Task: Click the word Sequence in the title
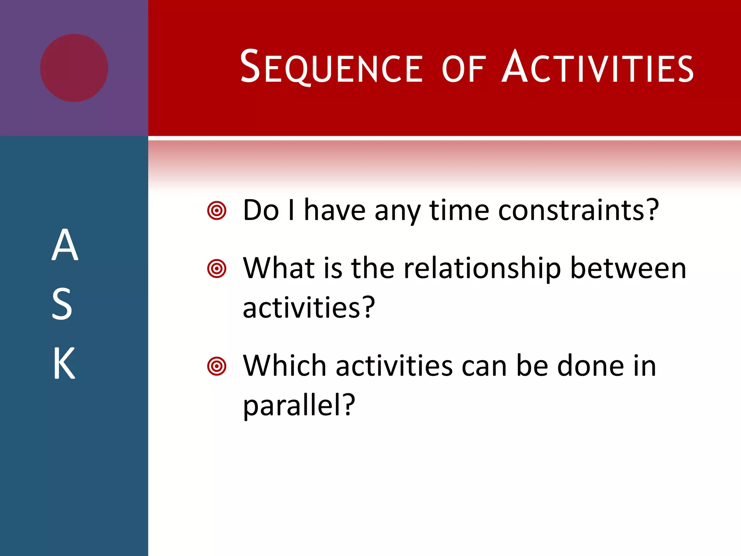pos(331,68)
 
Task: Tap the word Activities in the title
pos(597,68)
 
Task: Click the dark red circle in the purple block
pos(74,68)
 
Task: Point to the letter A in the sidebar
pos(65,245)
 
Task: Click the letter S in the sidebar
pos(62,304)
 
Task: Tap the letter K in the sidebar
pos(64,363)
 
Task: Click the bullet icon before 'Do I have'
pos(217,210)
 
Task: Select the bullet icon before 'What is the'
pos(217,269)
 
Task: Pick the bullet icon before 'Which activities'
pos(217,366)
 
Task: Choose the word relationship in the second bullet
pos(482,269)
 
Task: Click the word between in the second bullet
pos(628,269)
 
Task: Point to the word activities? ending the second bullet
pos(309,308)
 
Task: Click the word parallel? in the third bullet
pos(299,405)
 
